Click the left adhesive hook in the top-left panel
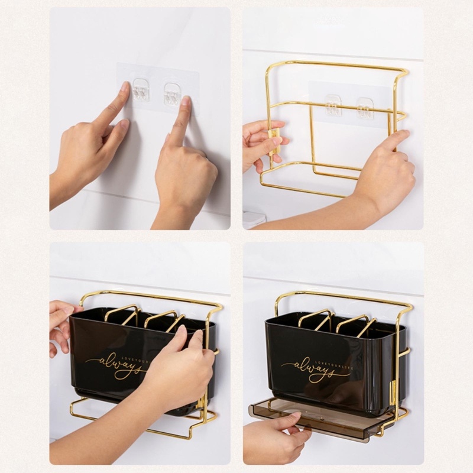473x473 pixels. pos(141,89)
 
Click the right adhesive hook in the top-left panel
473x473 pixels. pos(172,94)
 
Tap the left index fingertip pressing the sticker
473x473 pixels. pos(125,88)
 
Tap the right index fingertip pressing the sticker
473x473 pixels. pos(186,101)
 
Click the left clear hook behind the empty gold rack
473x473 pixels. pos(333,105)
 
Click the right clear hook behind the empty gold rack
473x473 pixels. pos(365,109)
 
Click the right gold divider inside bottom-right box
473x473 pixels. pos(355,324)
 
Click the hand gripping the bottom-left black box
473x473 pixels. pos(177,372)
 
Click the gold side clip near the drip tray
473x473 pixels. pos(392,393)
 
